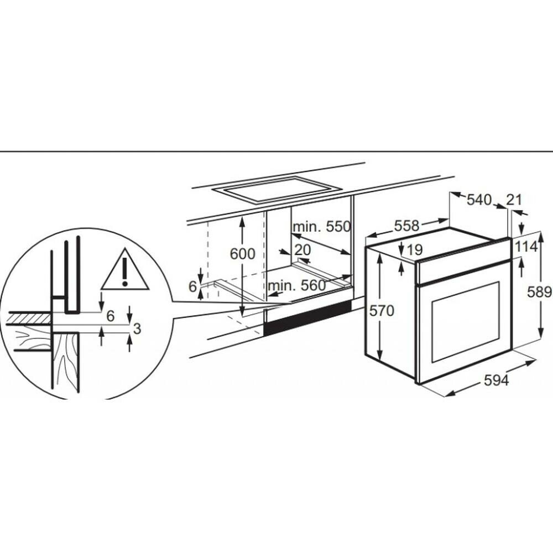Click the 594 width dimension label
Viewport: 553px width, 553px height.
496,380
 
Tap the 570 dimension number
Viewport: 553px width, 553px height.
382,311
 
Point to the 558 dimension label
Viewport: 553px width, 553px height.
406,226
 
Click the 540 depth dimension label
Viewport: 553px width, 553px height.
479,200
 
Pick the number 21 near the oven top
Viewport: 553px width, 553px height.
514,200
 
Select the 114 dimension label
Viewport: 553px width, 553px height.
526,247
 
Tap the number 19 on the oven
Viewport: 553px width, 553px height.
415,250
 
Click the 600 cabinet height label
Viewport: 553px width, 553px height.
242,254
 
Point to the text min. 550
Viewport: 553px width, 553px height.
322,226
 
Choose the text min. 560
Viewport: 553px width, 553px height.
296,285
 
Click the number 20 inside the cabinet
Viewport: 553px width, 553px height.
302,250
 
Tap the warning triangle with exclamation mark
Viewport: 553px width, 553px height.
125,270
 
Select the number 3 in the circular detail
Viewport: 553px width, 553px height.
137,328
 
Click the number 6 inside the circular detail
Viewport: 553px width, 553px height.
111,316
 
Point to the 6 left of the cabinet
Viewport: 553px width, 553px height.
192,286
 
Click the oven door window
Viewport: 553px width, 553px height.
466,322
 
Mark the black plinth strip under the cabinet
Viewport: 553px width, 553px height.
307,318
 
